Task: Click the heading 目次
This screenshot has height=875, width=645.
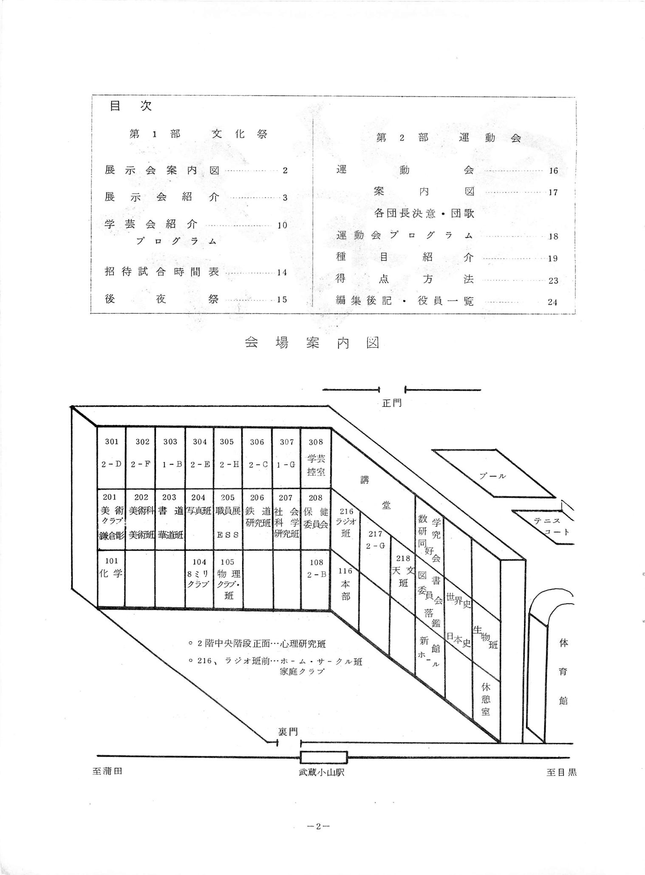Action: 130,106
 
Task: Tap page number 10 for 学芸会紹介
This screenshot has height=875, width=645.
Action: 283,225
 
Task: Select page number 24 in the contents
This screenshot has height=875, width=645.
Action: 552,302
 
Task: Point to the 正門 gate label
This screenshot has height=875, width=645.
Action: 391,403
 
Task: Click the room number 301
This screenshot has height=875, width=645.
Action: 112,442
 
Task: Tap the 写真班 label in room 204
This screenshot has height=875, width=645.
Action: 199,511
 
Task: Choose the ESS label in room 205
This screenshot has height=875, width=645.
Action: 228,535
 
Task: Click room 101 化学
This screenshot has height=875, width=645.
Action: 111,568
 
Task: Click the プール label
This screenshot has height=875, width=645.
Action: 492,476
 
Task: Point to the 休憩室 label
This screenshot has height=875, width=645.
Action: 486,698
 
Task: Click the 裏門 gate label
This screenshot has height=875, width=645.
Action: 288,732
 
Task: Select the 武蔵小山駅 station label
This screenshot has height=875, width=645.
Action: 321,772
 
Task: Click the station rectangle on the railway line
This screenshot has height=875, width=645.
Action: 323,757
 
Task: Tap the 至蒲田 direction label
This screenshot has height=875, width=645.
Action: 107,771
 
